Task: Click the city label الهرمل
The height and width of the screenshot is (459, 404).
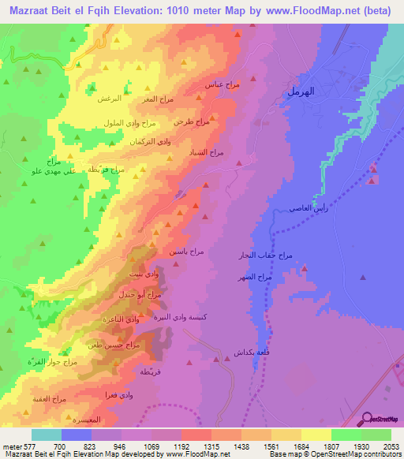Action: pos(300,92)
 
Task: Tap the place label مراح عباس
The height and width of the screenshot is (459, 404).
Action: pos(222,84)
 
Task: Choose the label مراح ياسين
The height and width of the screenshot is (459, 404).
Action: pos(186,250)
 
